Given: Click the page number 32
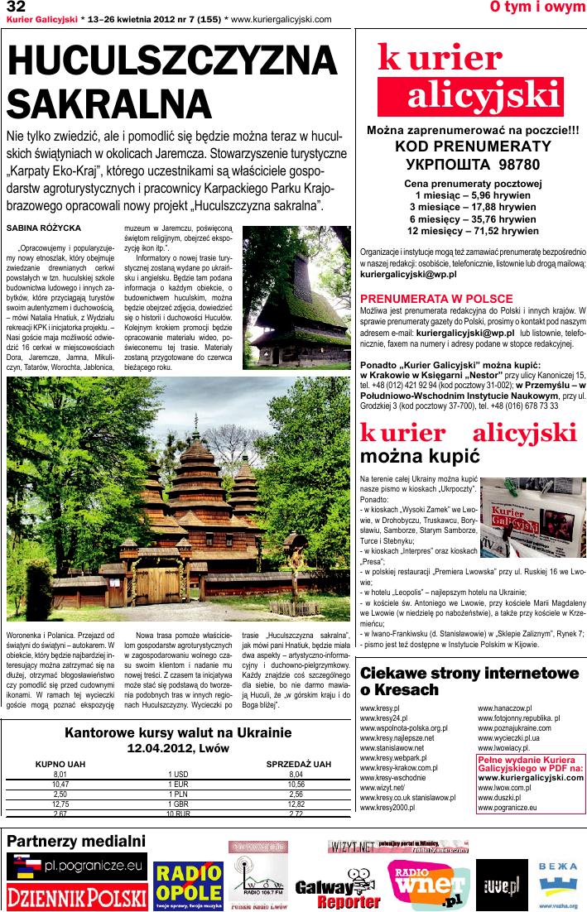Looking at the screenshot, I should coord(16,7).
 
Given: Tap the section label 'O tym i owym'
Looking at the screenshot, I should coord(537,7).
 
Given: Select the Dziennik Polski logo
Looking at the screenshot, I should coord(76,896).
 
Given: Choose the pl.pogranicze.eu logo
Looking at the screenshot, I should coord(76,866).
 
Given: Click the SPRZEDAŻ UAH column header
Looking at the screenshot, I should coord(298,764).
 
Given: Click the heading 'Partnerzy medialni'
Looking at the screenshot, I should coord(76,841).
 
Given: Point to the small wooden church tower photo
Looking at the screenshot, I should coord(298,297).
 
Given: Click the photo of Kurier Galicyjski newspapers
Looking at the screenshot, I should coord(533,517).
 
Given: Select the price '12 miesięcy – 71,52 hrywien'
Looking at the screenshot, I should coord(473,231).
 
